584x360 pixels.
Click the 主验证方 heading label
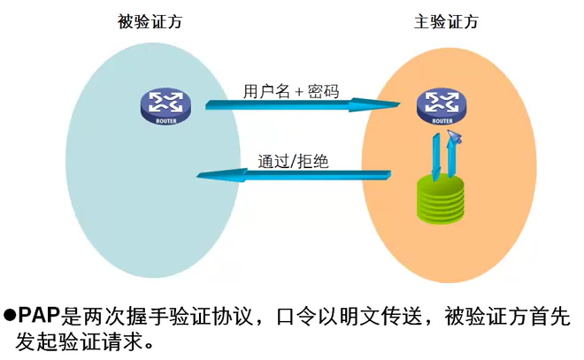click(446, 22)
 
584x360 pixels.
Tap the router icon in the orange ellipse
click(440, 107)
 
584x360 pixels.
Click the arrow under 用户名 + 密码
click(301, 105)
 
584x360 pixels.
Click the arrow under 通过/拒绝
click(292, 176)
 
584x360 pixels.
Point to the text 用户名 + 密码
click(291, 90)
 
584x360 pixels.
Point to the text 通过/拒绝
click(295, 161)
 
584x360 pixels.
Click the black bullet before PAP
click(11, 315)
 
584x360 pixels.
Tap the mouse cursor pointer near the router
click(455, 136)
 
